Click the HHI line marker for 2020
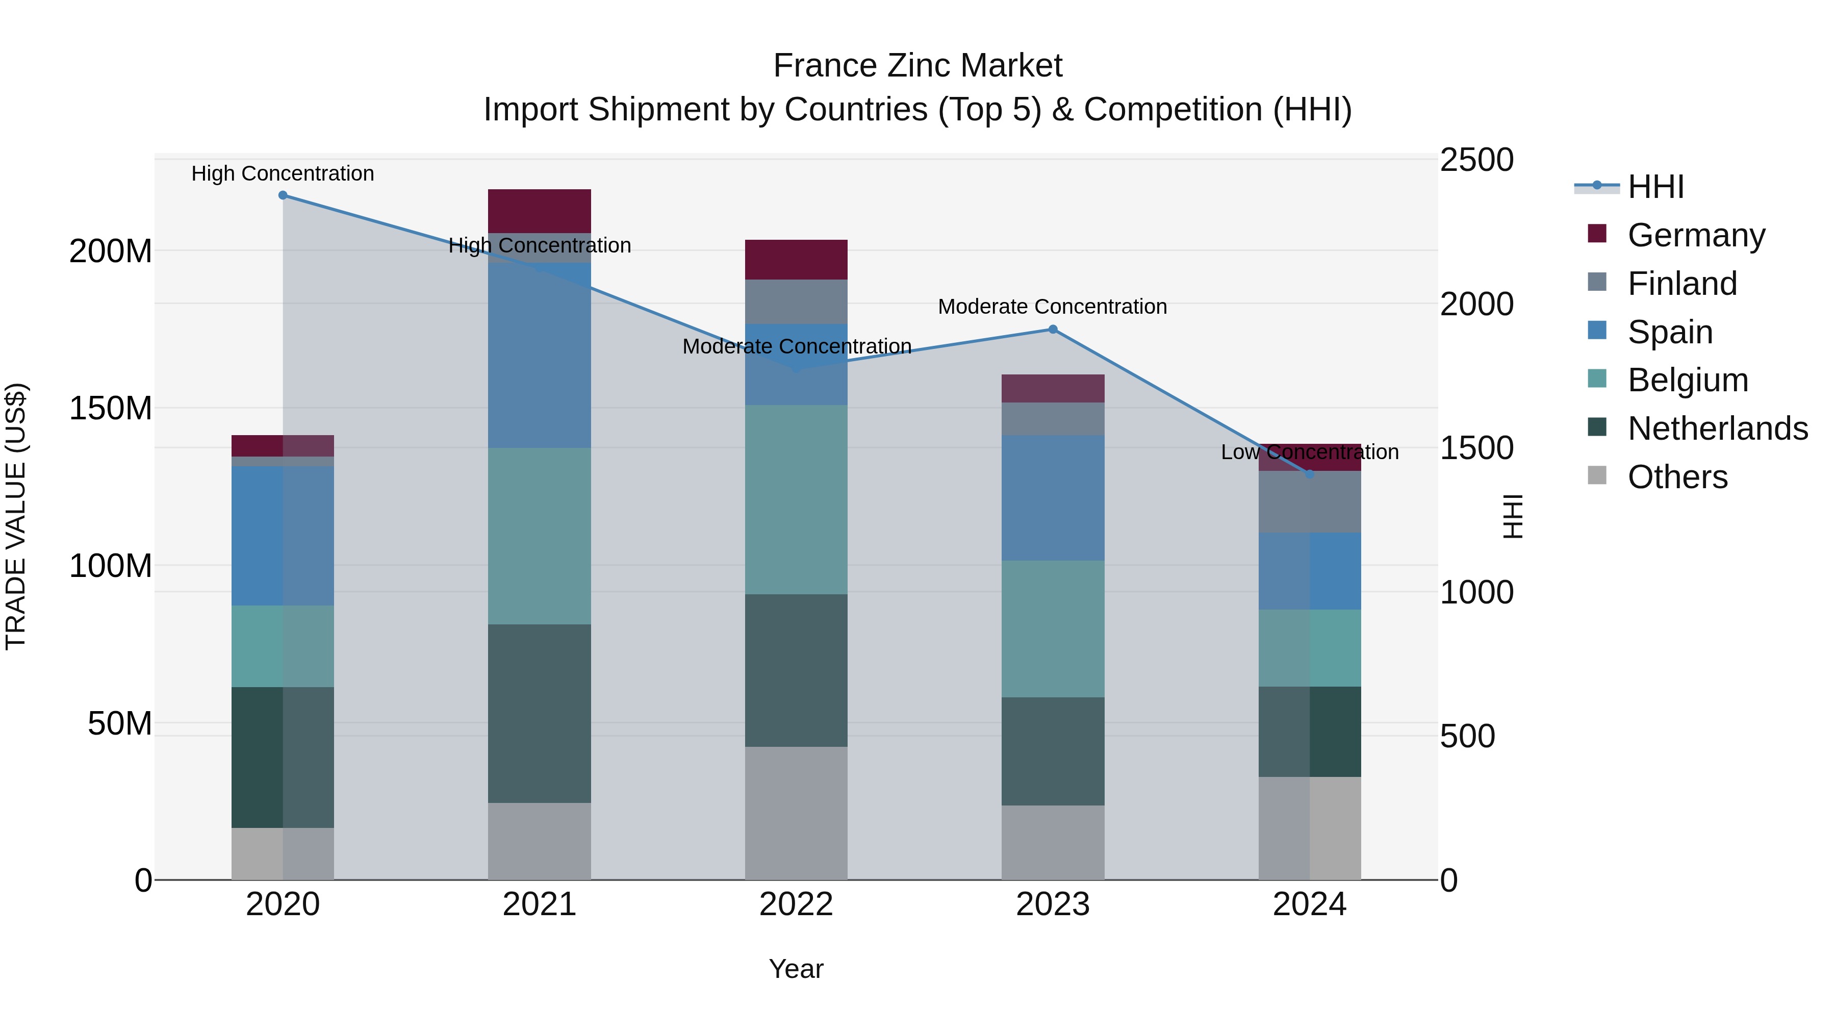[283, 195]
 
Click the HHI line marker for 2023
[1053, 330]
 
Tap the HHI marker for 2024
[1309, 474]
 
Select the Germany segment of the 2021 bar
[540, 211]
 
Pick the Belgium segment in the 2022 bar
[796, 499]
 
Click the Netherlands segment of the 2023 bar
[1053, 751]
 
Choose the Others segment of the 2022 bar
[796, 813]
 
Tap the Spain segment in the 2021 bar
[540, 355]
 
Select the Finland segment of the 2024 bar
[1309, 502]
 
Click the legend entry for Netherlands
[1717, 429]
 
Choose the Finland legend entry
[1681, 284]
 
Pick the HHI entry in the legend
[1655, 187]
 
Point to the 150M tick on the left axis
[111, 409]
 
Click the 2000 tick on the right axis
[1476, 305]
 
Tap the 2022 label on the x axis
[796, 904]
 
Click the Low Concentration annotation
[1309, 452]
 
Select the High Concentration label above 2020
[283, 173]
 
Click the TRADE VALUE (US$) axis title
[16, 516]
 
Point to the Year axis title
[796, 969]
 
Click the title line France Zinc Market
[917, 66]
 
